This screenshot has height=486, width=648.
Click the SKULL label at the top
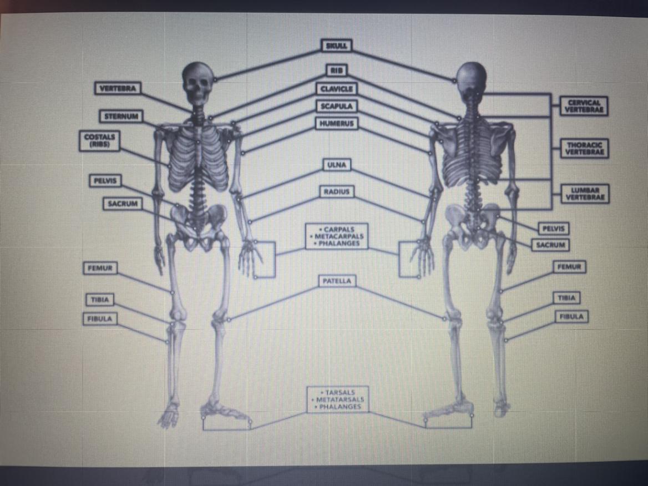[x=337, y=45]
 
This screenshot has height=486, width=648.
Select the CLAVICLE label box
[x=337, y=89]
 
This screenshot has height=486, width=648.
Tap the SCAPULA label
[x=337, y=106]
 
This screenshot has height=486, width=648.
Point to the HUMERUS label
[x=337, y=123]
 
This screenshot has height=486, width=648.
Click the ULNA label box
[x=337, y=165]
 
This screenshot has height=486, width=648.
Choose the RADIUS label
[x=337, y=192]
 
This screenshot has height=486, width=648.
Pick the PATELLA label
[x=337, y=281]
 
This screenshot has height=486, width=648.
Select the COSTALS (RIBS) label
[x=98, y=140]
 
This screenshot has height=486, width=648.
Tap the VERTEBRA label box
[x=118, y=88]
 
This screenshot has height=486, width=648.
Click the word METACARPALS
[x=337, y=236]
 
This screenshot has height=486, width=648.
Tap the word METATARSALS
[x=338, y=399]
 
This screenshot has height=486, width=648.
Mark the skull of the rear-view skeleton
[x=471, y=80]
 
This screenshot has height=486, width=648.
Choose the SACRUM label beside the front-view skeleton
[x=122, y=204]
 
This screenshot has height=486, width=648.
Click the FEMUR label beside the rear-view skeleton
[x=569, y=267]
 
